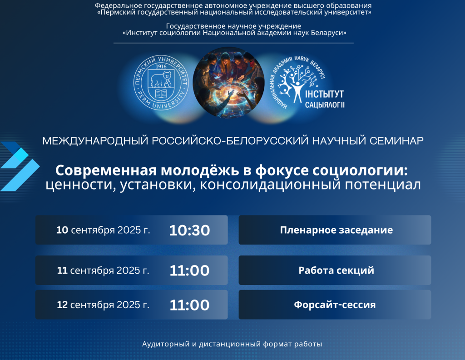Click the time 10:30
point(189,230)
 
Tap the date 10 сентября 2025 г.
point(103,230)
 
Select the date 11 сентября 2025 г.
point(103,270)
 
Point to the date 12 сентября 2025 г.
point(103,305)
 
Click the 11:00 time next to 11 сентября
point(189,270)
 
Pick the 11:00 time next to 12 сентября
point(189,305)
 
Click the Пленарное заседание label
point(336,230)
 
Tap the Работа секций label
point(336,270)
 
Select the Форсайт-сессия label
point(335,305)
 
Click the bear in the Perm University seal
point(161,79)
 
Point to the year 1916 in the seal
point(161,66)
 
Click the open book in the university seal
point(161,94)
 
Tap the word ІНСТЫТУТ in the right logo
point(324,95)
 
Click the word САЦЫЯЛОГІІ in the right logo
point(325,105)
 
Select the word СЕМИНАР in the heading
point(396,140)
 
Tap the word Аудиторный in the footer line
point(166,344)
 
